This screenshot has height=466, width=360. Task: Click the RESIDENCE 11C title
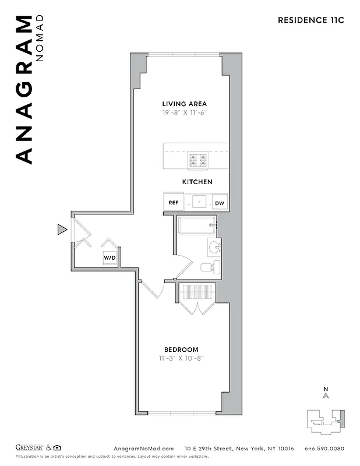click(x=312, y=20)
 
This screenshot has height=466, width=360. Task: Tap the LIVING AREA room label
click(x=185, y=104)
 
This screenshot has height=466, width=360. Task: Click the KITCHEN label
click(x=197, y=182)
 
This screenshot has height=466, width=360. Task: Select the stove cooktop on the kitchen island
click(x=198, y=160)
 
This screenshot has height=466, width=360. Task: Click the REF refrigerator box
click(x=174, y=203)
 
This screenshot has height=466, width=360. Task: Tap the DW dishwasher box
click(x=219, y=203)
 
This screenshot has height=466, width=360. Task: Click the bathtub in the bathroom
click(x=196, y=225)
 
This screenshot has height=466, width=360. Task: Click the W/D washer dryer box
click(x=110, y=257)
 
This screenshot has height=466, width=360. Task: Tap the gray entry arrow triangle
click(x=62, y=230)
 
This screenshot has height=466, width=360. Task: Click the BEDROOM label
click(x=181, y=349)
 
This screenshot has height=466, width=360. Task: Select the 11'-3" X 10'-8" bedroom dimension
click(x=181, y=358)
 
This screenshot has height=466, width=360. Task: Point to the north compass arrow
click(x=326, y=394)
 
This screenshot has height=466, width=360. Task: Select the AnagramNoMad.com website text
click(x=143, y=449)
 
